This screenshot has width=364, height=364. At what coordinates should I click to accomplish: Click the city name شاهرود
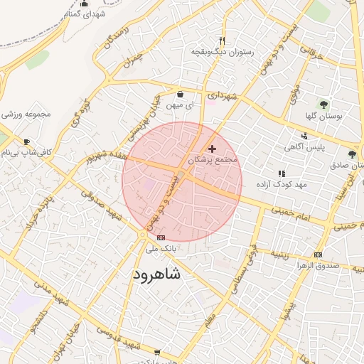(154, 273)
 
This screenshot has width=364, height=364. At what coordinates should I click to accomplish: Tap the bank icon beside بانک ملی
(160, 237)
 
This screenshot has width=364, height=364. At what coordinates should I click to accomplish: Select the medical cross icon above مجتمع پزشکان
(212, 149)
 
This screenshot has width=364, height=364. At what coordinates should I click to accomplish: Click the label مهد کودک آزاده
(281, 185)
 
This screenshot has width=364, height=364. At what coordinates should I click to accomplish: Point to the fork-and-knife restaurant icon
(223, 41)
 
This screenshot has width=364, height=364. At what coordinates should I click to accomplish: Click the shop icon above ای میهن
(180, 94)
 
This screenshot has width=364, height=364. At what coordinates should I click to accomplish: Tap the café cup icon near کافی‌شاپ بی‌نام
(26, 141)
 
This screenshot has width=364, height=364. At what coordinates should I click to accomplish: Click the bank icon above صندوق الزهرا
(318, 255)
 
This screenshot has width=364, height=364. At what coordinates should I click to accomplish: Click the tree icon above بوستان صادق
(352, 154)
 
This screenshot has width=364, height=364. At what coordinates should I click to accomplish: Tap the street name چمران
(133, 60)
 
